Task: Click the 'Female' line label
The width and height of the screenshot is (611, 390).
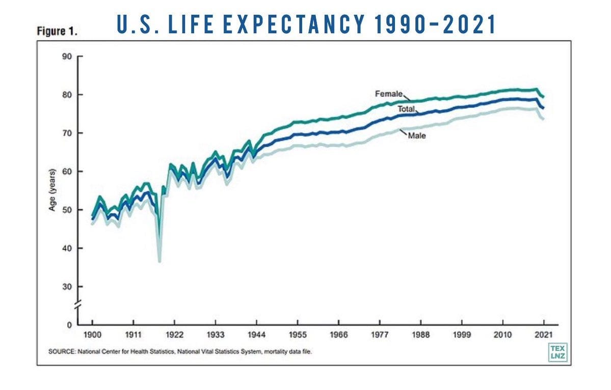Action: [x=388, y=94]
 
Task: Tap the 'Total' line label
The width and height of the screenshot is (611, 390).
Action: [x=407, y=109]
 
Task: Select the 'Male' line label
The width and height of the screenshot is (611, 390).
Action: [x=417, y=136]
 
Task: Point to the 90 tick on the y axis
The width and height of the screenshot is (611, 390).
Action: [x=67, y=57]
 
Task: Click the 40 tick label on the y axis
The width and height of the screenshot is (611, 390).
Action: [x=67, y=248]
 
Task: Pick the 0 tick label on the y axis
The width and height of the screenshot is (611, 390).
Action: [x=70, y=325]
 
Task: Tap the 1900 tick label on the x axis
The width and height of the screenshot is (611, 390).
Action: [x=92, y=335]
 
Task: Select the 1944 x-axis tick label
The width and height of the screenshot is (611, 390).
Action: [x=256, y=335]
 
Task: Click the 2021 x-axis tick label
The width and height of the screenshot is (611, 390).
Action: [x=544, y=335]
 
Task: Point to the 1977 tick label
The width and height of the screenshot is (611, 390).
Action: [x=380, y=335]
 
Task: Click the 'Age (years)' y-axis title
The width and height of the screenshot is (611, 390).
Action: [x=52, y=190]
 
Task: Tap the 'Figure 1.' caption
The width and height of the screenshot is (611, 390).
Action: [x=57, y=31]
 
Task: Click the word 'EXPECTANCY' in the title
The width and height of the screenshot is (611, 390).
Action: [x=294, y=24]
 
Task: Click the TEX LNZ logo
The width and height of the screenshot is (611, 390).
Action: [x=557, y=352]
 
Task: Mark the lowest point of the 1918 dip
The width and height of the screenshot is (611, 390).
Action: [x=160, y=262]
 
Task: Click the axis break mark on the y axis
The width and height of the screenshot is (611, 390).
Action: [x=78, y=305]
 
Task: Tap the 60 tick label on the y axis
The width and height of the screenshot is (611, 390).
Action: [x=67, y=172]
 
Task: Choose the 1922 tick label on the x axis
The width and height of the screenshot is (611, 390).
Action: [x=174, y=335]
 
